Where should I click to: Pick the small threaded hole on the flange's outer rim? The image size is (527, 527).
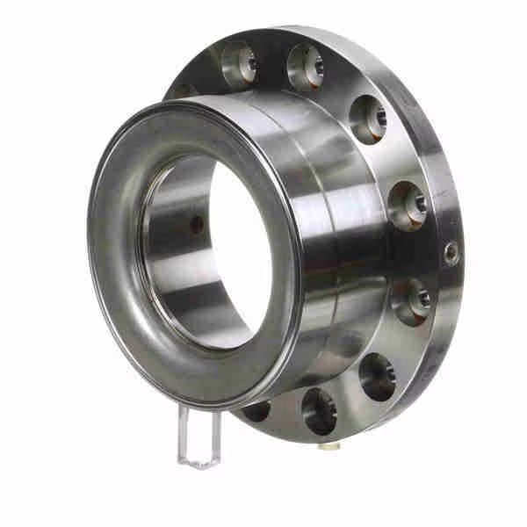tap(451, 253)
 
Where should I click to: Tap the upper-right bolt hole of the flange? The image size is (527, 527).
tap(369, 117)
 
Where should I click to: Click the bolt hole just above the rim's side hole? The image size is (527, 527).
tap(406, 204)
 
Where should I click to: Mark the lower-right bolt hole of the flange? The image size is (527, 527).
tap(378, 375)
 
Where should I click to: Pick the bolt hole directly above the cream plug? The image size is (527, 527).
tap(318, 409)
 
